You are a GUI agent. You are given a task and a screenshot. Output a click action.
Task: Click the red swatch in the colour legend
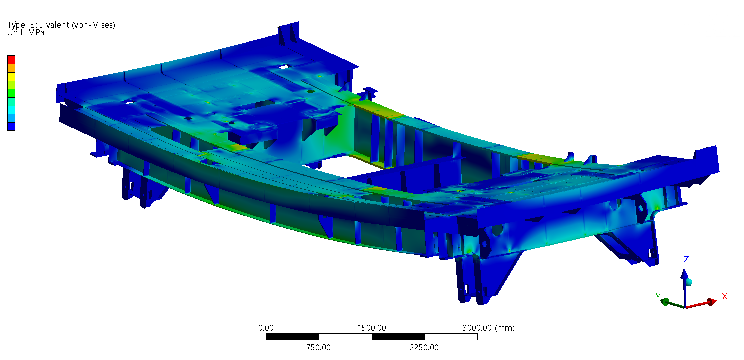coord(11,60)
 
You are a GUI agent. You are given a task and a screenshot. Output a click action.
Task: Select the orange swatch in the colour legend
coord(11,68)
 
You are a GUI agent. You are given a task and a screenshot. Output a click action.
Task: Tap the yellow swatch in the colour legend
coord(11,77)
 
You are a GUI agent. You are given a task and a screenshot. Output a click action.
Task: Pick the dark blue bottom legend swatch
coord(11,126)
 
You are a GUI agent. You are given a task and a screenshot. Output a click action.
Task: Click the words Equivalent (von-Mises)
coord(73,25)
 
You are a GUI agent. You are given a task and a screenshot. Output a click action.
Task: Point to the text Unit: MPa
coord(26,33)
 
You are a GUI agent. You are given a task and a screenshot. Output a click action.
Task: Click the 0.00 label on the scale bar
coord(266,328)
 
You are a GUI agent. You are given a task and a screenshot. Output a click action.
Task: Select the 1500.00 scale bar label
coord(372,328)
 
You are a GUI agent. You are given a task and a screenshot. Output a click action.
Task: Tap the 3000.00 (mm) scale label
coord(489,328)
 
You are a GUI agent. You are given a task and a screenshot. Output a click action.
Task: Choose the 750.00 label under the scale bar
coord(318,347)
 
